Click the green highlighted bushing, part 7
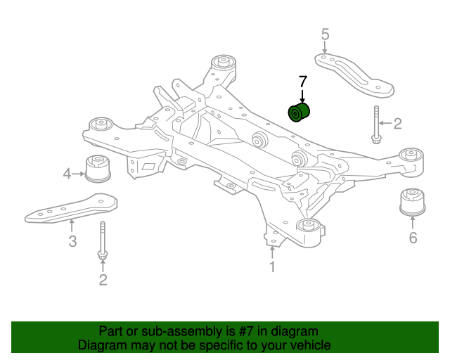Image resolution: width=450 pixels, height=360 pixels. click(x=299, y=112)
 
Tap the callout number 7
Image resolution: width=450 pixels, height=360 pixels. click(x=303, y=82)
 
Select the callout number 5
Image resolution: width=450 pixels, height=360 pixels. click(x=325, y=34)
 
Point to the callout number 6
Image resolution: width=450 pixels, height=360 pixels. click(x=413, y=238)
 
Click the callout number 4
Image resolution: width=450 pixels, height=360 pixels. click(x=67, y=174)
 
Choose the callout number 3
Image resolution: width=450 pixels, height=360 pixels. click(x=72, y=241)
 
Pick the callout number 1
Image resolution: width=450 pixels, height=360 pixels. click(x=272, y=267)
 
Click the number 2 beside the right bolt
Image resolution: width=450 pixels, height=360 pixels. click(x=397, y=124)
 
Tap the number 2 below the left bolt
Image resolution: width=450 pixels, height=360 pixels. click(x=103, y=280)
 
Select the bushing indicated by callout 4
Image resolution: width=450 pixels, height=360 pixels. click(x=98, y=169)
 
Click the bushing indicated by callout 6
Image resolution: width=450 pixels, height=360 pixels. click(x=413, y=202)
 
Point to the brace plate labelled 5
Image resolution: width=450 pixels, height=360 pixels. click(x=354, y=74)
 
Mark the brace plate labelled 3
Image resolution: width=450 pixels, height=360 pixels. click(x=72, y=208)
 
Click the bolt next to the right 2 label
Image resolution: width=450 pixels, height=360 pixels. click(x=376, y=125)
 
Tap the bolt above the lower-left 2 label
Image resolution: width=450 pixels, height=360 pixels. click(x=103, y=240)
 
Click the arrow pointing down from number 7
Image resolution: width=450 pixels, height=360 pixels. click(x=302, y=96)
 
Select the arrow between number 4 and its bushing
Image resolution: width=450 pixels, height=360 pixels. click(x=78, y=174)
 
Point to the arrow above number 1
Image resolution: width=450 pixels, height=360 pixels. click(x=272, y=252)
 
